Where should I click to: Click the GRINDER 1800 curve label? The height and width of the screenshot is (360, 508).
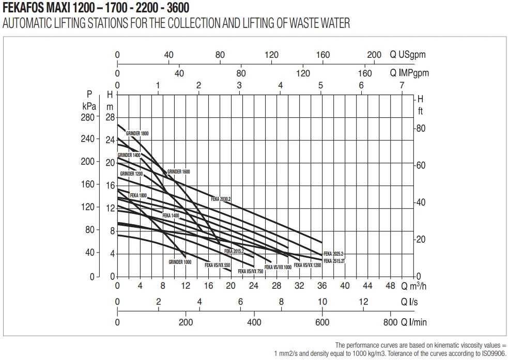(x=137, y=134)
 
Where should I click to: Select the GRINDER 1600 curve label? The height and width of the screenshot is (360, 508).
(x=179, y=171)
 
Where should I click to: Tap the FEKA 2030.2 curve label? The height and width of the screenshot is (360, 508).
(x=221, y=199)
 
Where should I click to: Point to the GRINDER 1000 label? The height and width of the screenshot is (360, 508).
(x=180, y=262)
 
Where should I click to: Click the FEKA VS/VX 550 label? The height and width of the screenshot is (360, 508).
(x=217, y=265)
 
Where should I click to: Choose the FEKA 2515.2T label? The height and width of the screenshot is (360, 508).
(x=334, y=261)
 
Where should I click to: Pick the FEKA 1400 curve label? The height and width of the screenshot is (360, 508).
(x=171, y=215)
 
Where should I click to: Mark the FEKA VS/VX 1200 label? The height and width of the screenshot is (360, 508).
(x=311, y=265)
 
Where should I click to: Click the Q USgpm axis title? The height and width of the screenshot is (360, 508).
(x=408, y=55)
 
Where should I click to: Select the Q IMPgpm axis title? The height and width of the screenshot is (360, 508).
(x=409, y=73)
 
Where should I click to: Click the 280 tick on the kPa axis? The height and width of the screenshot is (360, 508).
(x=88, y=117)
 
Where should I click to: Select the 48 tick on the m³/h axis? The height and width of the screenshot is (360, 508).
(x=391, y=286)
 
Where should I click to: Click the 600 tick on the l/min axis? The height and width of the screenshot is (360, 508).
(x=322, y=322)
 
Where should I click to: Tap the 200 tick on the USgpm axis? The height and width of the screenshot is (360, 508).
(x=374, y=55)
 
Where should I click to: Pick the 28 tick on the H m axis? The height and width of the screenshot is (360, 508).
(x=110, y=117)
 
